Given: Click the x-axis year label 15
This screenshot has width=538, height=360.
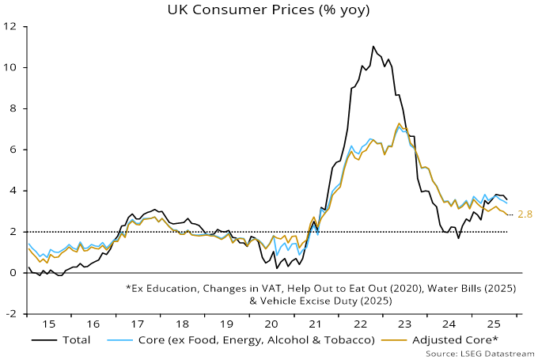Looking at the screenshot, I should point(50,324).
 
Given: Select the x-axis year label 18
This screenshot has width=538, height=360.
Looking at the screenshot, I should point(182,324).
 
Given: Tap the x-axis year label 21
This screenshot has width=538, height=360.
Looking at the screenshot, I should point(314,324).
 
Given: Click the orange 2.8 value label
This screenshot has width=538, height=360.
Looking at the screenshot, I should point(525,214).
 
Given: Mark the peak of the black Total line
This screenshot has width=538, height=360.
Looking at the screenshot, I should point(373,47).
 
